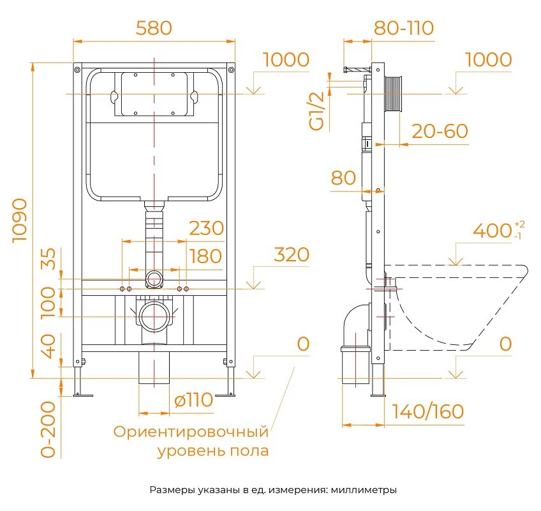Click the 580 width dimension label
pos(154,28)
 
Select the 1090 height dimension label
pos(19,220)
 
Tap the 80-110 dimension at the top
pos(403,28)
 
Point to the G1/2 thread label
pos(317,111)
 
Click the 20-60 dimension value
pos(440,131)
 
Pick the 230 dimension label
pos(206,228)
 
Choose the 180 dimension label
pos(205,256)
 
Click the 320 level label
pos(292,254)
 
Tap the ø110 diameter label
pos(193,400)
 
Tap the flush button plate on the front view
pos(154,94)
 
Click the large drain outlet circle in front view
pos(154,316)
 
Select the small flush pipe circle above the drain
pos(154,278)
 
